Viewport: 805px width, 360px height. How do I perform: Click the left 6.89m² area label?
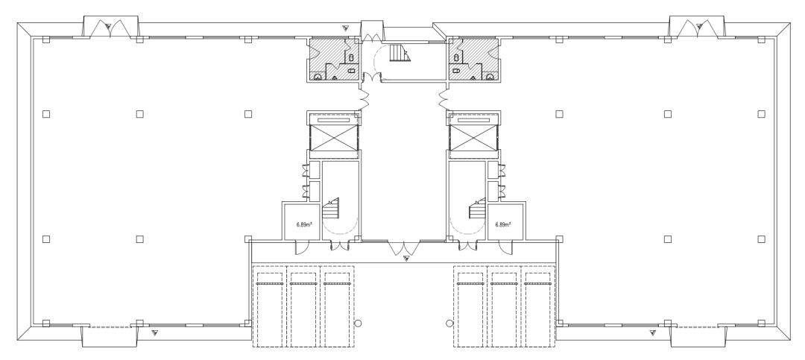[304, 224]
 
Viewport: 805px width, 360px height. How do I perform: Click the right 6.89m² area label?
[503, 224]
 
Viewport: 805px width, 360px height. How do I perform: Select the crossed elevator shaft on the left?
[334, 138]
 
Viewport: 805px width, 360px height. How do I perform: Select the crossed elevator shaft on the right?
[473, 138]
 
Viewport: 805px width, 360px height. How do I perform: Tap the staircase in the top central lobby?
[400, 53]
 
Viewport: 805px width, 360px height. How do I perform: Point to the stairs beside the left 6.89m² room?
[331, 209]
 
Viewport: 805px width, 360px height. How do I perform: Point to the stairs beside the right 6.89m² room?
[477, 209]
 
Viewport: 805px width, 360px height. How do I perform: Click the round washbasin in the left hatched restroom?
[318, 77]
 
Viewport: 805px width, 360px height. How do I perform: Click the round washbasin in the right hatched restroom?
[490, 77]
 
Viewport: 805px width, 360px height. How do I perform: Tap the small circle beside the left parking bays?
[359, 323]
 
